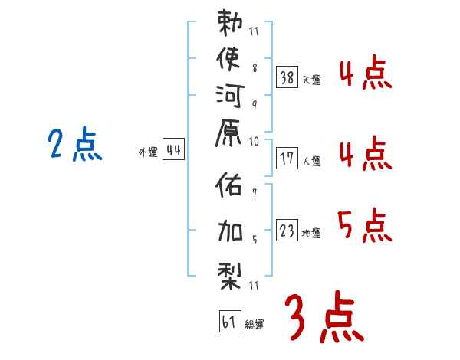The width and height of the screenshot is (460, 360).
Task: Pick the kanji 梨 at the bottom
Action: (x=230, y=273)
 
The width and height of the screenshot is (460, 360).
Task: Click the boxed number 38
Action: (x=287, y=77)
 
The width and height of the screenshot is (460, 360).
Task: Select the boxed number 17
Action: (x=287, y=159)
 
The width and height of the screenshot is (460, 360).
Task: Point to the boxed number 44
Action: (x=173, y=150)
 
